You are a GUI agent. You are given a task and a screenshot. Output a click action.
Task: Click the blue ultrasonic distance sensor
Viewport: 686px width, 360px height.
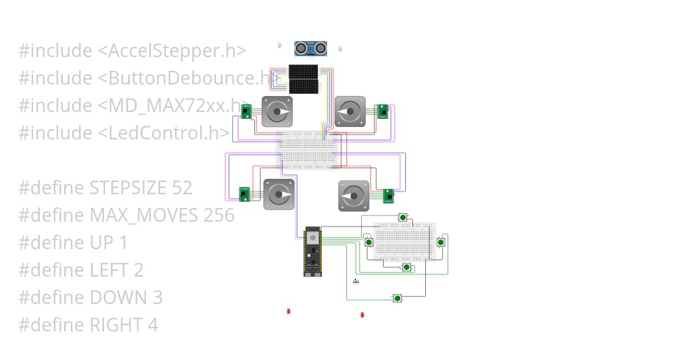coord(310,49)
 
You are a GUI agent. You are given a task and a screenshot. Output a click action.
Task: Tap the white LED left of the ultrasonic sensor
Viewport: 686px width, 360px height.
coord(280,45)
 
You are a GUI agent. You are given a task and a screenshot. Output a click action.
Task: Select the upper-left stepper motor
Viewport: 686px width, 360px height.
coord(277,111)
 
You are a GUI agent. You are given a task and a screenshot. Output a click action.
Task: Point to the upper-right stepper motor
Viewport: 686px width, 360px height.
coord(349,111)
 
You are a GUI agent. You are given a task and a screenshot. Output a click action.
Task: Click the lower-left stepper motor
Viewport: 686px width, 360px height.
coord(278,194)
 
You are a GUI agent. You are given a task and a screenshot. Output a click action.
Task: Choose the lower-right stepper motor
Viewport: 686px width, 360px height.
coord(353,196)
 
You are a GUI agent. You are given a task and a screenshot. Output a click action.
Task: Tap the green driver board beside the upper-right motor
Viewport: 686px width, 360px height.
coord(382,111)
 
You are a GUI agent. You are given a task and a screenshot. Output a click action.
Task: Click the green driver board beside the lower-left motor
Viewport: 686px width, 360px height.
coord(245,194)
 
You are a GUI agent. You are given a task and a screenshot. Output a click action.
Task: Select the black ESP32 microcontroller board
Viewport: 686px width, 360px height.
coord(312,251)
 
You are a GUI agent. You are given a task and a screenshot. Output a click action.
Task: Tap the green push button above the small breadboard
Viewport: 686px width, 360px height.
coord(403,217)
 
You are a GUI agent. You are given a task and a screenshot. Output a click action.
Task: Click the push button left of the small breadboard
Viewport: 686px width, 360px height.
coord(369,242)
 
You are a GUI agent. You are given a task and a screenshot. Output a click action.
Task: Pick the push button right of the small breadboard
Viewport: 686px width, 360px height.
coord(441,242)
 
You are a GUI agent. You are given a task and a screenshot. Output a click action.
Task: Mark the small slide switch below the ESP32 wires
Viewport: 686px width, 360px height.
coord(356,281)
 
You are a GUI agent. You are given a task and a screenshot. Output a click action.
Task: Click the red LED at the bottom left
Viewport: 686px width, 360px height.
coord(288,311)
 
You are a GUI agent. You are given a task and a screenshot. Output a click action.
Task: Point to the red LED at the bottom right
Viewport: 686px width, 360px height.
coord(362,315)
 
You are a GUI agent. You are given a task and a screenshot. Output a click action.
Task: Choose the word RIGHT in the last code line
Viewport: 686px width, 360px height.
coord(116,325)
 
